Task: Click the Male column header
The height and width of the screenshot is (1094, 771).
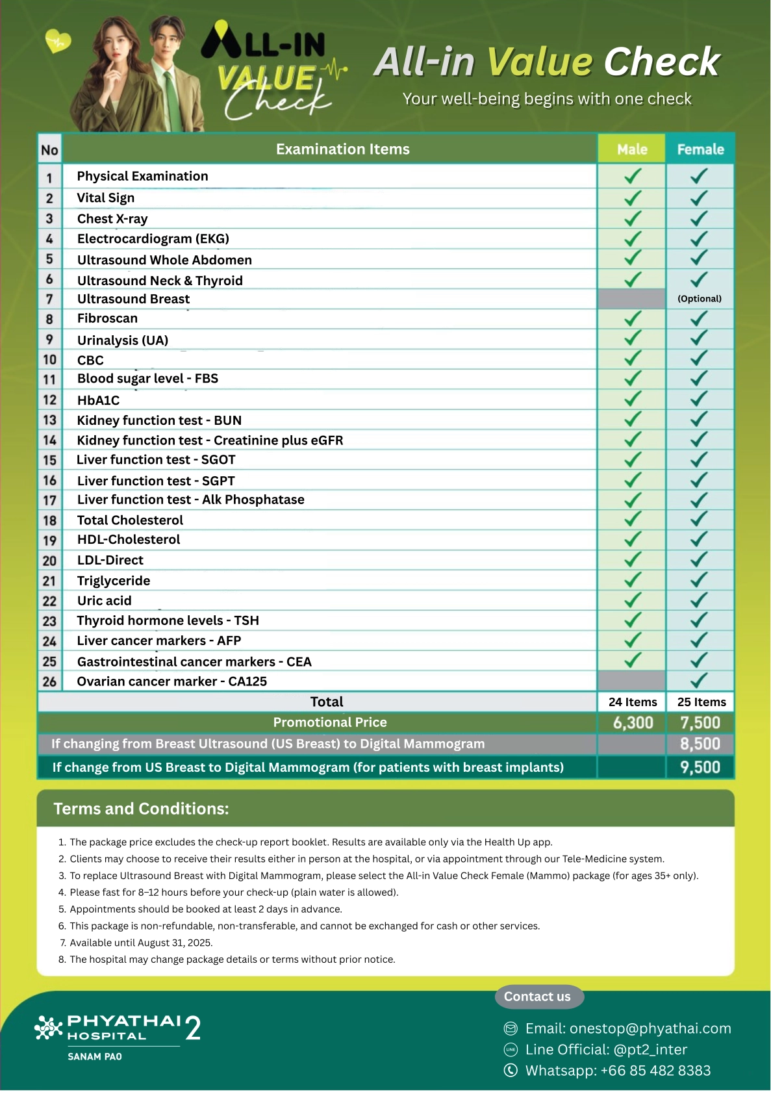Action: click(x=632, y=149)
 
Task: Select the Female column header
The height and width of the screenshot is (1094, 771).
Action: click(x=700, y=149)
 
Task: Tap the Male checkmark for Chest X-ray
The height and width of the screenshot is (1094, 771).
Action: click(x=633, y=218)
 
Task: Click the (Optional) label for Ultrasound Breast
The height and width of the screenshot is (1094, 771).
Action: click(x=700, y=299)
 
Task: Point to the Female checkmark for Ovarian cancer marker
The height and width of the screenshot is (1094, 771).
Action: click(x=699, y=681)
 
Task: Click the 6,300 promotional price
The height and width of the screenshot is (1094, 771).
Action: click(x=633, y=722)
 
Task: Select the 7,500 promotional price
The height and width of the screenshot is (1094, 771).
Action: click(x=700, y=722)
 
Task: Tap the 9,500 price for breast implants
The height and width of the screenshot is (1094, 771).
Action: click(x=700, y=767)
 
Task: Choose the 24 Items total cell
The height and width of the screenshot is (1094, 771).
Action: click(x=633, y=702)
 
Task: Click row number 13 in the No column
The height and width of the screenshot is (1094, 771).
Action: click(x=49, y=420)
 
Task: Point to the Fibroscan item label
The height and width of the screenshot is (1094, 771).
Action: click(x=107, y=318)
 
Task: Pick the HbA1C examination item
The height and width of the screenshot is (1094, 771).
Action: click(x=98, y=400)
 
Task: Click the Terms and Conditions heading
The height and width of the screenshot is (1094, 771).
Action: click(x=141, y=809)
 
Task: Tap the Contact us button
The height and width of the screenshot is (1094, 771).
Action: click(x=537, y=997)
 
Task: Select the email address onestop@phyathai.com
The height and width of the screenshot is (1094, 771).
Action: click(x=628, y=1028)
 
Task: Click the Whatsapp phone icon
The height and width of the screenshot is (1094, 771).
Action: click(x=511, y=1070)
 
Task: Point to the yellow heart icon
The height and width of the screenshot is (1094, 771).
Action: click(x=58, y=42)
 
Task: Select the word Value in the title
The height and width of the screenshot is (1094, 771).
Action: click(x=540, y=62)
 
